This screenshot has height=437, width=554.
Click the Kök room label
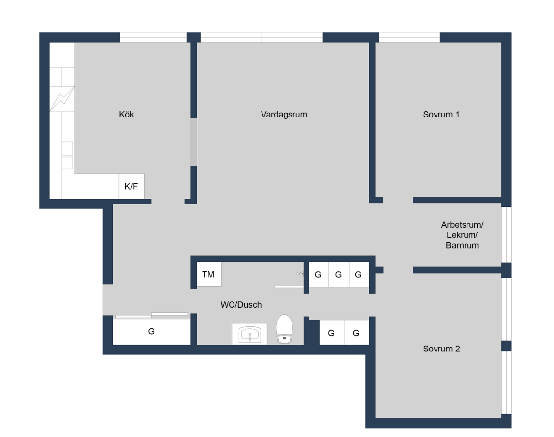coord(126,115)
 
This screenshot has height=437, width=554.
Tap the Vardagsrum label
coord(284,115)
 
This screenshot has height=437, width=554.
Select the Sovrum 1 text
coord(441,115)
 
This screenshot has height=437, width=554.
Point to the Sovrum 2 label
coord(441,349)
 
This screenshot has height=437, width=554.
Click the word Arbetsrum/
coord(462,225)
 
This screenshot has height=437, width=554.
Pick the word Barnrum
coord(462,245)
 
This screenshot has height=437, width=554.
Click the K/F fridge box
coord(131,186)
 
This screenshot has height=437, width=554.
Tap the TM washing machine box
coord(209,274)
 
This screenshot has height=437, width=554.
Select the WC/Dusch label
coord(241,305)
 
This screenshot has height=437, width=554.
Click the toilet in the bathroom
coord(284,329)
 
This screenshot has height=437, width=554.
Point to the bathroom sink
coord(250,334)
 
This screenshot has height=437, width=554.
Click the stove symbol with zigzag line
coord(62,99)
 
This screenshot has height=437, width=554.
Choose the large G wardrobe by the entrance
coord(151,331)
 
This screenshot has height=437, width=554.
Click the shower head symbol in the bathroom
coord(300,274)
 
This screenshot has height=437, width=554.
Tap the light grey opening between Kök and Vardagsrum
coord(194,142)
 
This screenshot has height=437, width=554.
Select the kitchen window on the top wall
coord(153,37)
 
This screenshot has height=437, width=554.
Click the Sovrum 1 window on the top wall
coord(409,37)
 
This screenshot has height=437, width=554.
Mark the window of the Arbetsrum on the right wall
coord(507,235)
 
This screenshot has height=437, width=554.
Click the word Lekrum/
coord(462,235)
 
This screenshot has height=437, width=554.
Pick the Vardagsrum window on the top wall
coord(262,37)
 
